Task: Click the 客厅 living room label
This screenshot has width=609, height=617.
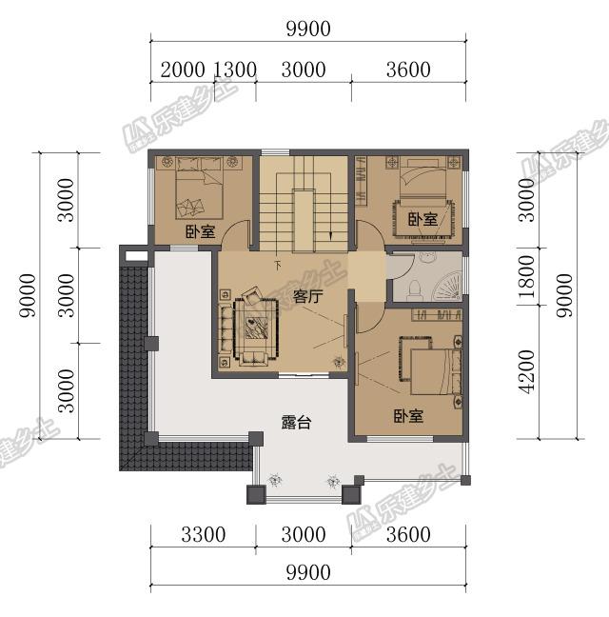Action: (x=307, y=297)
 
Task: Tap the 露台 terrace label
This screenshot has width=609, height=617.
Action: (x=296, y=422)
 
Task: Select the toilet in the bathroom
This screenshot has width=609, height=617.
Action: (x=415, y=288)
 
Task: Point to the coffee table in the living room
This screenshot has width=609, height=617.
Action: (x=256, y=328)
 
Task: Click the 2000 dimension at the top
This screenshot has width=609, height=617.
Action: (x=183, y=70)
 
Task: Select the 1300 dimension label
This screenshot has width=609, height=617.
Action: (x=235, y=70)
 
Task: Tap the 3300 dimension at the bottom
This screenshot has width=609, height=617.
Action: (x=204, y=534)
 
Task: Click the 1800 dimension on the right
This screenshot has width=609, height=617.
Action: (x=526, y=276)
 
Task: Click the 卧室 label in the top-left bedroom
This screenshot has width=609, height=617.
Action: (x=201, y=231)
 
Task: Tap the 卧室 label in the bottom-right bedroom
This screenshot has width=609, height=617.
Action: (x=408, y=415)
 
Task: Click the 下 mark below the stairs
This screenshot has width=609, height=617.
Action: (x=278, y=265)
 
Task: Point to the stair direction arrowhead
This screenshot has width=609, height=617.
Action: (x=331, y=236)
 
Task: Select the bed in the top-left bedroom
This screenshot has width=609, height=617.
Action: (x=199, y=188)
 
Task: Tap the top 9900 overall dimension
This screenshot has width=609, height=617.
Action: (x=308, y=29)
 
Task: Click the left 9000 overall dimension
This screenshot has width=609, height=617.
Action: (x=28, y=295)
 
